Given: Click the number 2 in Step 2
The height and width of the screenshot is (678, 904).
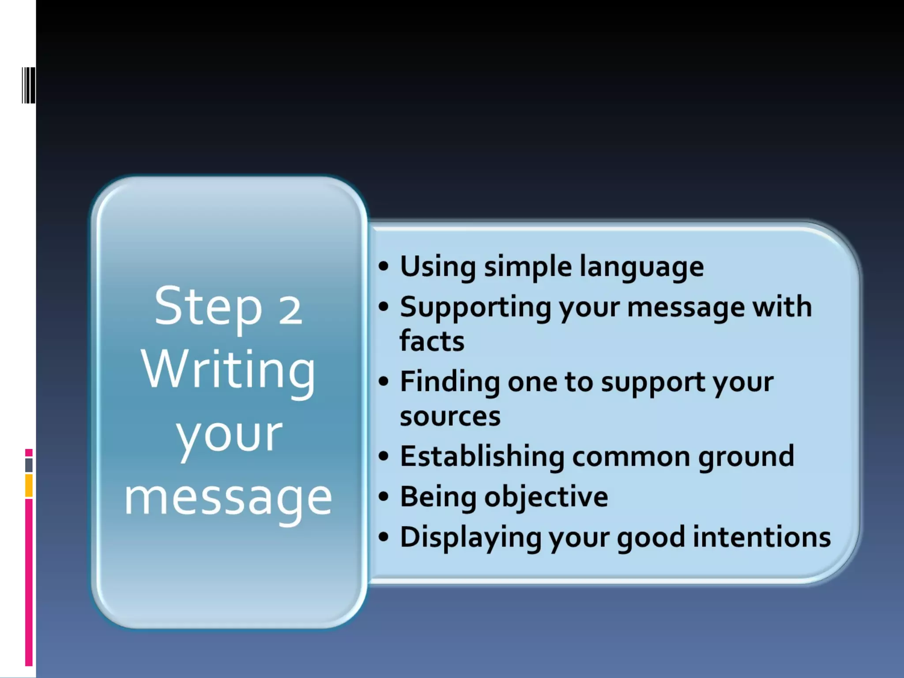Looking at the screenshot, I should pos(290,310).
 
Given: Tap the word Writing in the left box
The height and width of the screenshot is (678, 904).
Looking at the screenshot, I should pos(228,371).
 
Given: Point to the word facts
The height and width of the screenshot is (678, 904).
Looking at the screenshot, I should pos(432,341).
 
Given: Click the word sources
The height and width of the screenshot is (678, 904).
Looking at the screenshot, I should pos(450,416).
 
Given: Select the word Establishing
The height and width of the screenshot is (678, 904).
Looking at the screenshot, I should pos(482,456).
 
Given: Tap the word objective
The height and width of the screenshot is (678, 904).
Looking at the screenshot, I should pos(546,497).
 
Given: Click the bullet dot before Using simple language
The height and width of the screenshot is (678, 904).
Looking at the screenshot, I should pos(384,266).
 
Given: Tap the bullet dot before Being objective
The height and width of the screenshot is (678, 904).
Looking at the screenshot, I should pos(384,497).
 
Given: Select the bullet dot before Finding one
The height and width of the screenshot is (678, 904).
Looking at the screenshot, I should pos(384,381).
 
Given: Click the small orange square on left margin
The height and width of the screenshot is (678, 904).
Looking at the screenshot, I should pos(29,486).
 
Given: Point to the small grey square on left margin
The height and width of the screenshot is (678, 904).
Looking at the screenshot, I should pos(29,465).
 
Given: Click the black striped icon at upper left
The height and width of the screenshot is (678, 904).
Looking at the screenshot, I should pos(29,85).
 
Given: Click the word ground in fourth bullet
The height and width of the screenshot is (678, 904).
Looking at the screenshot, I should pos(746,456).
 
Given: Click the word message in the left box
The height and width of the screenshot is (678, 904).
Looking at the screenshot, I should pos(228,499).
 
